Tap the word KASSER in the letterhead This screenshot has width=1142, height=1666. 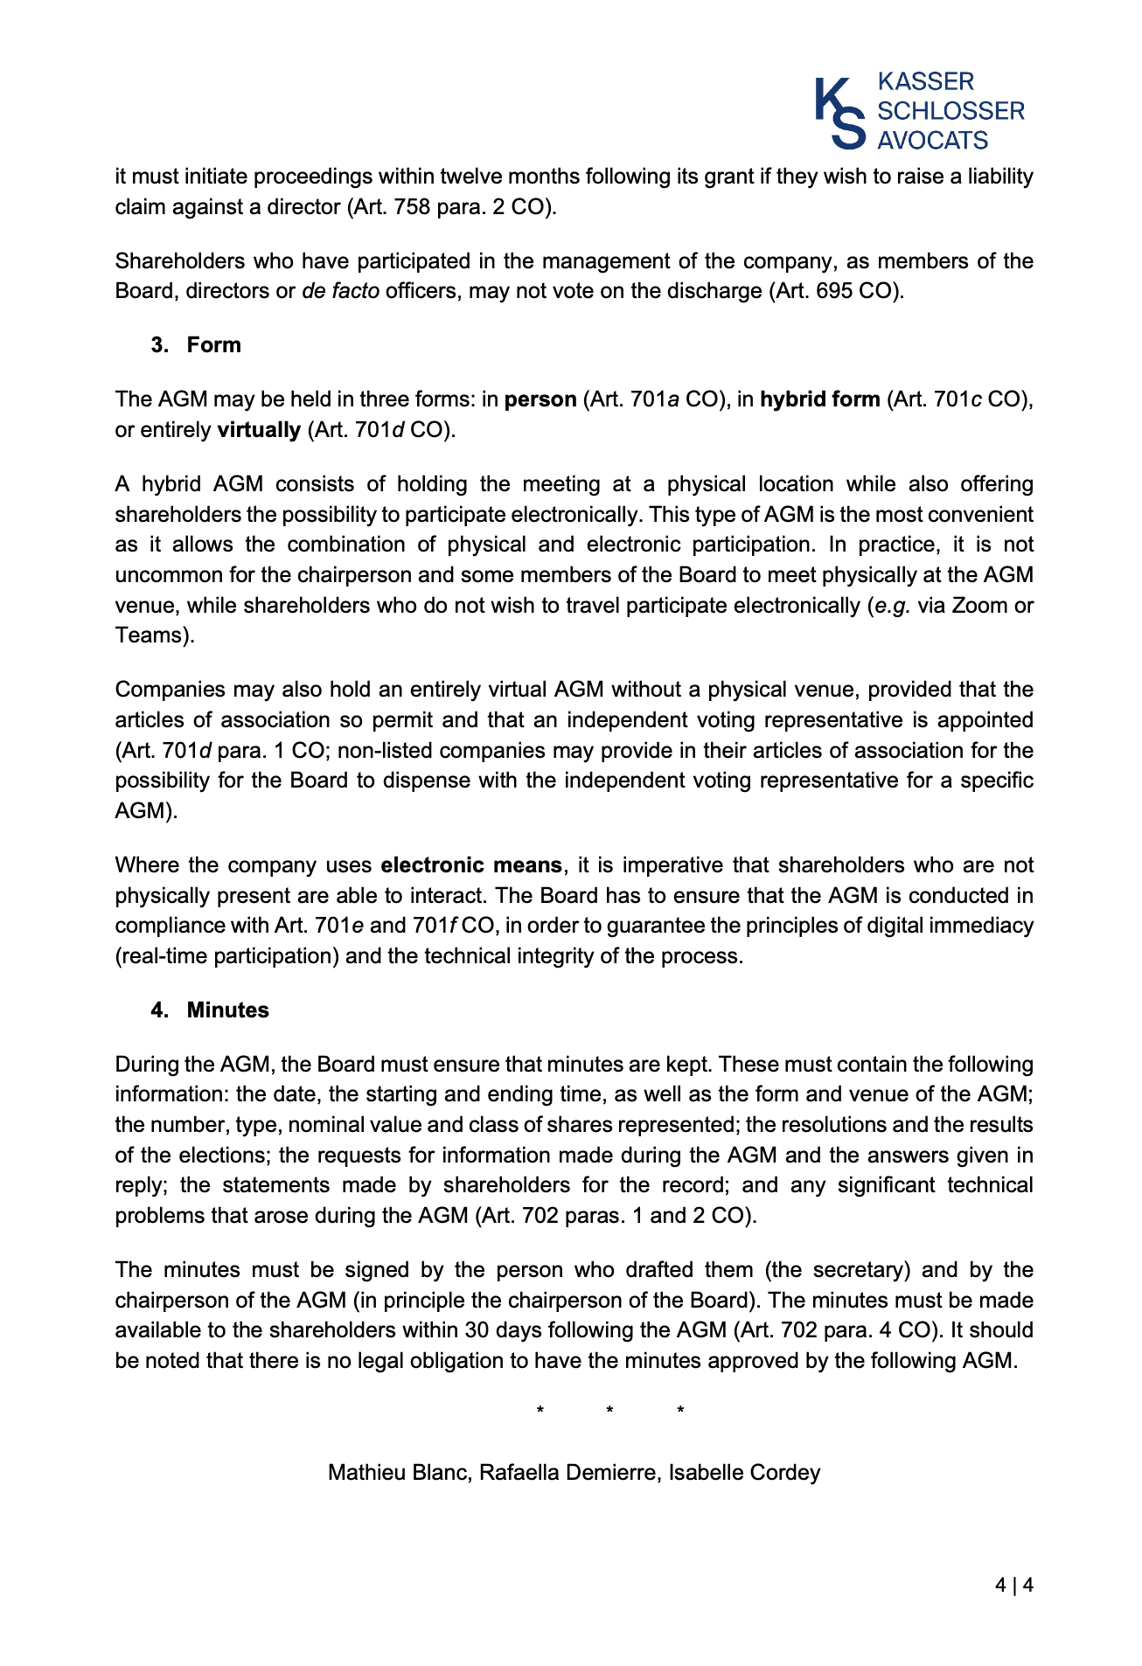coord(925,82)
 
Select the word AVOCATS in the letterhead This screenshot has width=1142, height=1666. coord(932,140)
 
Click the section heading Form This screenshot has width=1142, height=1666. coord(213,345)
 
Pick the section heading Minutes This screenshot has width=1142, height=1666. coord(227,1010)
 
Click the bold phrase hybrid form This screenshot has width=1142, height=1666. coord(819,400)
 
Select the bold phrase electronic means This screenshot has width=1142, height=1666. coord(471,865)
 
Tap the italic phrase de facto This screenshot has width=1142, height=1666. coord(340,291)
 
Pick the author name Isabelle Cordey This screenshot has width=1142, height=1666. coord(744,1473)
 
